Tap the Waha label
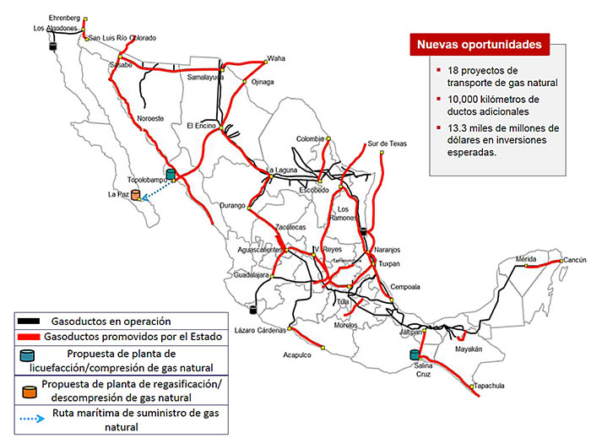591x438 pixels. pos(277,58)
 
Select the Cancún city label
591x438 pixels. pos(575,260)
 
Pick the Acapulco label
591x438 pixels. pos(297,354)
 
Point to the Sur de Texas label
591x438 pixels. pos(387,143)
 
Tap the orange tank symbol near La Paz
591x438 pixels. pos(136,195)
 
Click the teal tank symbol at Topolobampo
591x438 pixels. pos(171,175)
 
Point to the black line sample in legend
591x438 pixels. pos(31,322)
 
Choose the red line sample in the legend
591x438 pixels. pos(31,337)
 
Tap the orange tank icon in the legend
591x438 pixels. pos(31,392)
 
